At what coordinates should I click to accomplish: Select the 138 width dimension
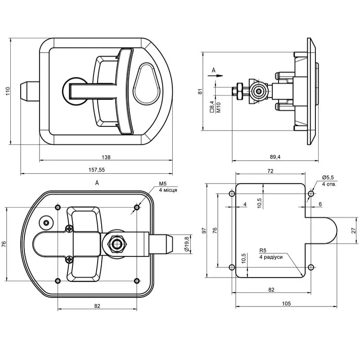(106, 157)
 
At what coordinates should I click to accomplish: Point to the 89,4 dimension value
(274, 157)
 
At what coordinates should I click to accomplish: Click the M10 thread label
(218, 107)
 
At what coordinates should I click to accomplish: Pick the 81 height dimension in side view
(201, 91)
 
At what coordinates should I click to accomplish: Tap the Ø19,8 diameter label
(186, 243)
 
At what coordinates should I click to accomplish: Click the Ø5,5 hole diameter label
(328, 178)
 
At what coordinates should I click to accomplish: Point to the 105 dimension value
(286, 303)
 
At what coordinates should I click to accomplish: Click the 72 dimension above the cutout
(270, 171)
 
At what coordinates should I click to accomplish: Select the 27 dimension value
(354, 230)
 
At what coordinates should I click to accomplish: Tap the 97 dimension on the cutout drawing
(203, 230)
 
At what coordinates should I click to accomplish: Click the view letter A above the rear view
(97, 183)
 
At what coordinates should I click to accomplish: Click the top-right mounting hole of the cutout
(310, 194)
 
